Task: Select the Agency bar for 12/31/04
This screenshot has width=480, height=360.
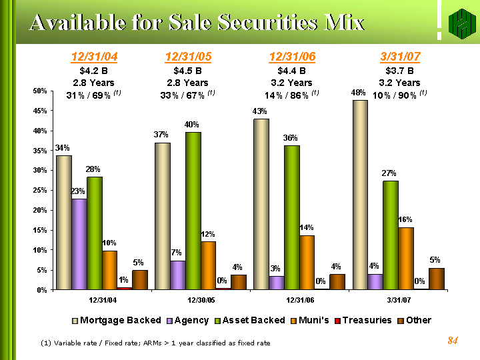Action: pos(79,244)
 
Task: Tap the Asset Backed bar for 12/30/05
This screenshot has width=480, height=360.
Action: pos(194,211)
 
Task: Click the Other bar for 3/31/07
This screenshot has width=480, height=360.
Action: pos(437,279)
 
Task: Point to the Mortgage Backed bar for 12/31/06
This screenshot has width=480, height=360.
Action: pos(261,204)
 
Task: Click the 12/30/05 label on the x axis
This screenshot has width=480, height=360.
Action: pos(202,301)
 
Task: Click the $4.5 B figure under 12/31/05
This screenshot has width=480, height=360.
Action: pos(189,70)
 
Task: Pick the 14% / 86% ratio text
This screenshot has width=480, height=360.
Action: pos(288,95)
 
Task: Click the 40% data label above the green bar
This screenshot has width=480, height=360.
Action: pos(192,125)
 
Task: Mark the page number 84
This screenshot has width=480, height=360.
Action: pos(453,341)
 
